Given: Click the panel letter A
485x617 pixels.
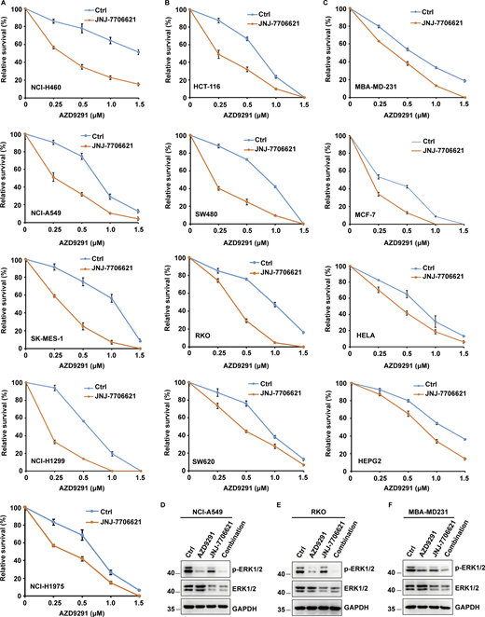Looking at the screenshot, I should pyautogui.click(x=4, y=6).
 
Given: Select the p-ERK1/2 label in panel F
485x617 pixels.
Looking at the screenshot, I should pyautogui.click(x=460, y=565).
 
